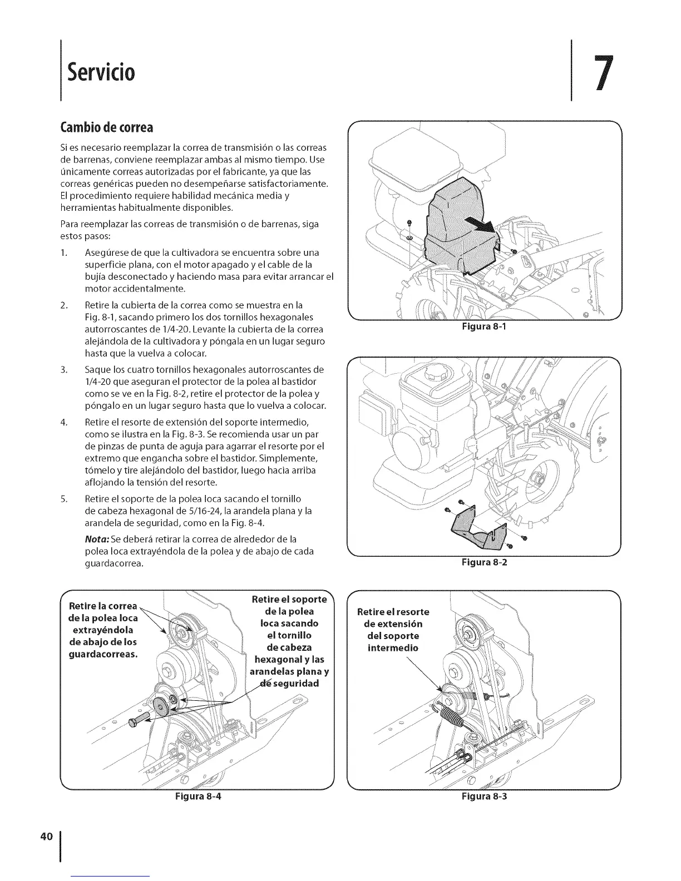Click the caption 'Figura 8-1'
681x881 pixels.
[483, 328]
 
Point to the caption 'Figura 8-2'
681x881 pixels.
[483, 562]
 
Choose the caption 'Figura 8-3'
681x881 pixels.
[483, 796]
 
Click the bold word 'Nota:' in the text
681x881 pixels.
[97, 540]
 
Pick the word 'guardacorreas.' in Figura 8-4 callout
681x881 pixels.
[102, 654]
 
